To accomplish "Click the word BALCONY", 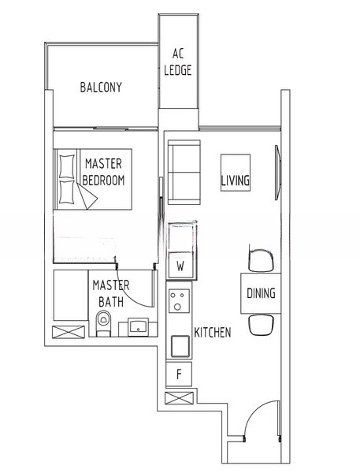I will pyautogui.click(x=101, y=87).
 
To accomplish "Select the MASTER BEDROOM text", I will pyautogui.click(x=104, y=172).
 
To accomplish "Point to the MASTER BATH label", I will pyautogui.click(x=109, y=292).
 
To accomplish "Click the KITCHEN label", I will pyautogui.click(x=212, y=333).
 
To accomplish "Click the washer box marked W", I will pyautogui.click(x=180, y=266).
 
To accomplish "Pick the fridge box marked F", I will pyautogui.click(x=179, y=374).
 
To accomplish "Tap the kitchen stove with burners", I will pyautogui.click(x=179, y=303).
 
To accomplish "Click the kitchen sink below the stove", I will pyautogui.click(x=179, y=345).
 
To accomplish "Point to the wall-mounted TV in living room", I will pyautogui.click(x=277, y=171).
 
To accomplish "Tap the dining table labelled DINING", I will pyautogui.click(x=260, y=293).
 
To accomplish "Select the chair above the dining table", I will pyautogui.click(x=261, y=259).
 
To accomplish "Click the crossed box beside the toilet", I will pyautogui.click(x=65, y=331).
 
